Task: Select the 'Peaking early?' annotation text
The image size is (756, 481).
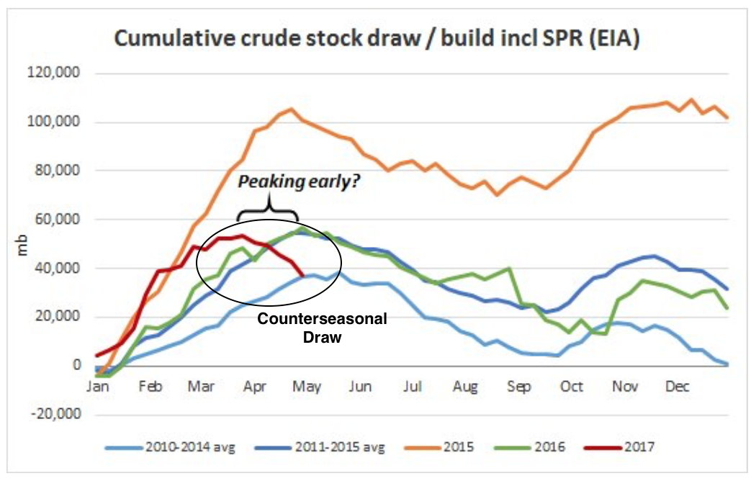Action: [x=298, y=184]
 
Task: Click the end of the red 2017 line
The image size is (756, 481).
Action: [x=303, y=275]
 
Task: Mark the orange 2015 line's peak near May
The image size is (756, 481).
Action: [x=291, y=109]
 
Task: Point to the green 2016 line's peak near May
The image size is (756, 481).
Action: [x=302, y=228]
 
